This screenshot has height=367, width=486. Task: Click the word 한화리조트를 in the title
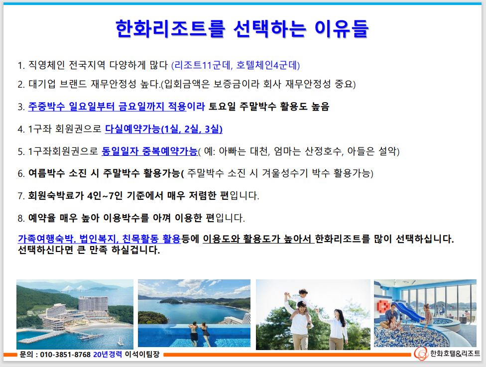coord(170,28)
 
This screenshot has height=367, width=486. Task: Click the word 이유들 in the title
coord(342,28)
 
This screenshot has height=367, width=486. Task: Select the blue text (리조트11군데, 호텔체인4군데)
coord(236,65)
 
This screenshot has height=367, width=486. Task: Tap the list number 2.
coord(21,84)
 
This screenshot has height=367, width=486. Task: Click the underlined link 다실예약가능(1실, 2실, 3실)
coord(164,128)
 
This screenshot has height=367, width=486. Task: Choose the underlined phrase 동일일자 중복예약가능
coord(149,151)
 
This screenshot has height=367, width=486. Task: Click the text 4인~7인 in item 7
coord(105,196)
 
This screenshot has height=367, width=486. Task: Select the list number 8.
coord(21,218)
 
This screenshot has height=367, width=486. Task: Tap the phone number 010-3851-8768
coord(65,354)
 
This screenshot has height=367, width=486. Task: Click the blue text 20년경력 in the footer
coord(108,354)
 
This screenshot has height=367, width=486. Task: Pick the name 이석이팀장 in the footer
coord(142,354)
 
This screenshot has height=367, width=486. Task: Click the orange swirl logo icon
coord(421,354)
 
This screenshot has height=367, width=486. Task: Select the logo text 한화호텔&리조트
coord(455,354)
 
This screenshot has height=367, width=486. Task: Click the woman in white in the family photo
coord(336,329)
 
